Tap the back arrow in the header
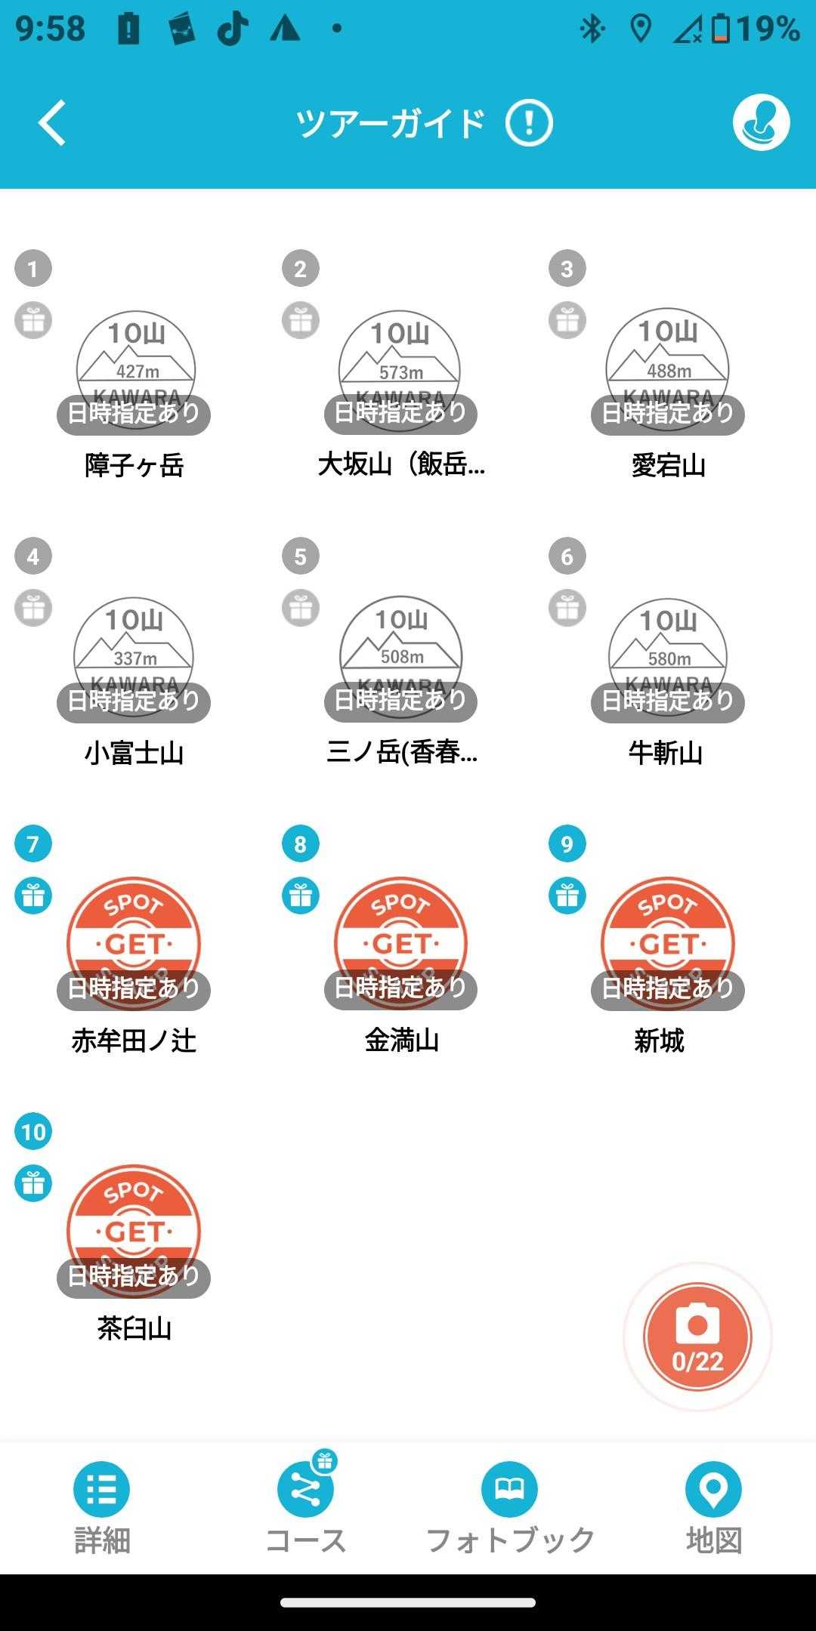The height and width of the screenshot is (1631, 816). [x=51, y=122]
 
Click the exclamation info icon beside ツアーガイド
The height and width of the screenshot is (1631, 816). [x=529, y=123]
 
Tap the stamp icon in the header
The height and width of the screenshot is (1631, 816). [x=761, y=122]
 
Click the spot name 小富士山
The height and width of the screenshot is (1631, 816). [x=134, y=753]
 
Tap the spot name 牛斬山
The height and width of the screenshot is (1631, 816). [x=666, y=753]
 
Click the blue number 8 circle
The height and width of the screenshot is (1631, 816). [x=300, y=843]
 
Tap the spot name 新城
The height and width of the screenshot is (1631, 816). [x=659, y=1041]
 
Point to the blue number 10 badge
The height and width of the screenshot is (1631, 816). [x=33, y=1131]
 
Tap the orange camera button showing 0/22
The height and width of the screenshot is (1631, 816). [x=697, y=1337]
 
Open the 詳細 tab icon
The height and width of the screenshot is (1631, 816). [x=101, y=1489]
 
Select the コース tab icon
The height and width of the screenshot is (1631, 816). [x=305, y=1489]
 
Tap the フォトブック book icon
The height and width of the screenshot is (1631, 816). [x=509, y=1489]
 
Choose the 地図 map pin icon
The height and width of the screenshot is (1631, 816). [x=713, y=1489]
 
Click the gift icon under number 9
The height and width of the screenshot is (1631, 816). [x=567, y=896]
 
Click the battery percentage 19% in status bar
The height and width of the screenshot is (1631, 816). [x=768, y=29]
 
